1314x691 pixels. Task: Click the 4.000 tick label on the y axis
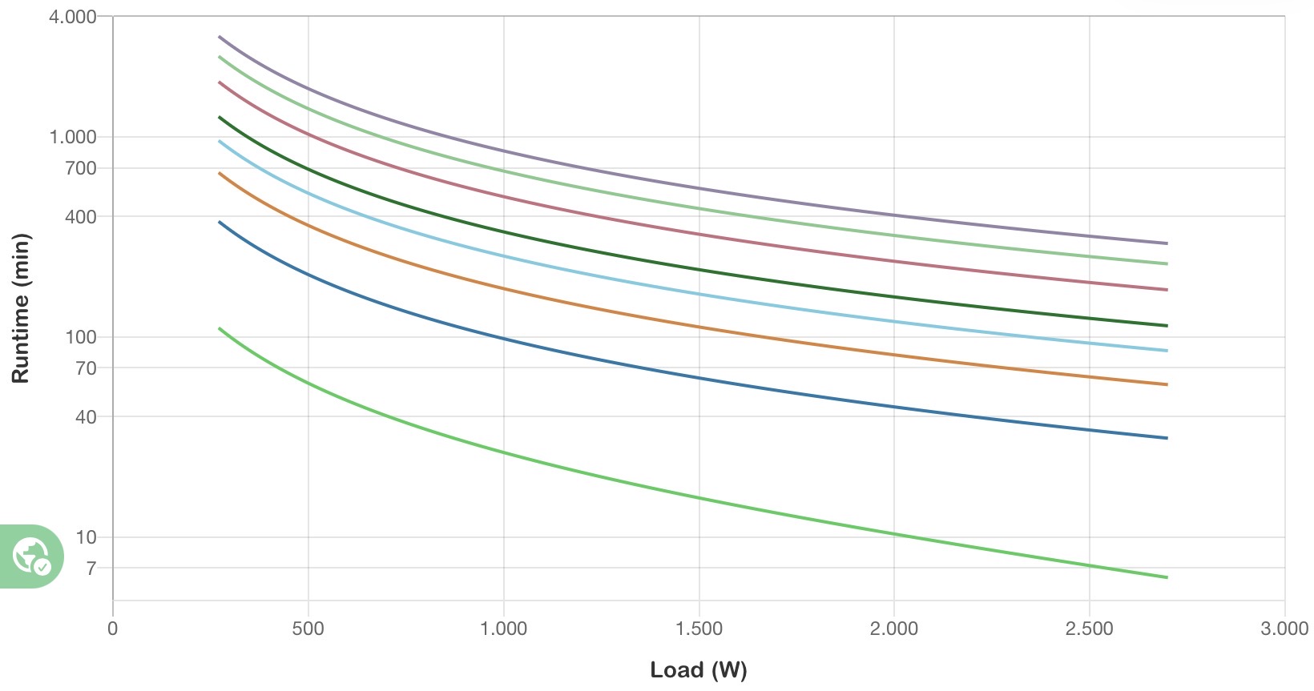coord(72,17)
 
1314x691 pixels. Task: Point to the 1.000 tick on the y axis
coord(72,137)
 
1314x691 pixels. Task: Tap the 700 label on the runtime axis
coord(80,168)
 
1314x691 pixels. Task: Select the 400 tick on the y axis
coord(80,217)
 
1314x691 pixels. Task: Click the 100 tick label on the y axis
coord(80,337)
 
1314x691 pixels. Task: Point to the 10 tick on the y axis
coord(85,537)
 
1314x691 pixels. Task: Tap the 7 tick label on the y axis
coord(91,568)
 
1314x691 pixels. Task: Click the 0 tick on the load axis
coord(113,629)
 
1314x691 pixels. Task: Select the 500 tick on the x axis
coord(308,629)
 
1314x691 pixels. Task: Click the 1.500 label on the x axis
coord(699,629)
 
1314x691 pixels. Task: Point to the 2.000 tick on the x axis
coord(894,629)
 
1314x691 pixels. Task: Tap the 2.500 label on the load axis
coord(1089,629)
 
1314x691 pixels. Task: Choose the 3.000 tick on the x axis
coord(1284,629)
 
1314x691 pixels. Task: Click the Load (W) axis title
coord(699,669)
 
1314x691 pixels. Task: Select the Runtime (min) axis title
coord(20,308)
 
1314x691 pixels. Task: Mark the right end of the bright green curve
coord(1167,577)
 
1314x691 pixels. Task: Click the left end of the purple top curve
coord(220,37)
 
